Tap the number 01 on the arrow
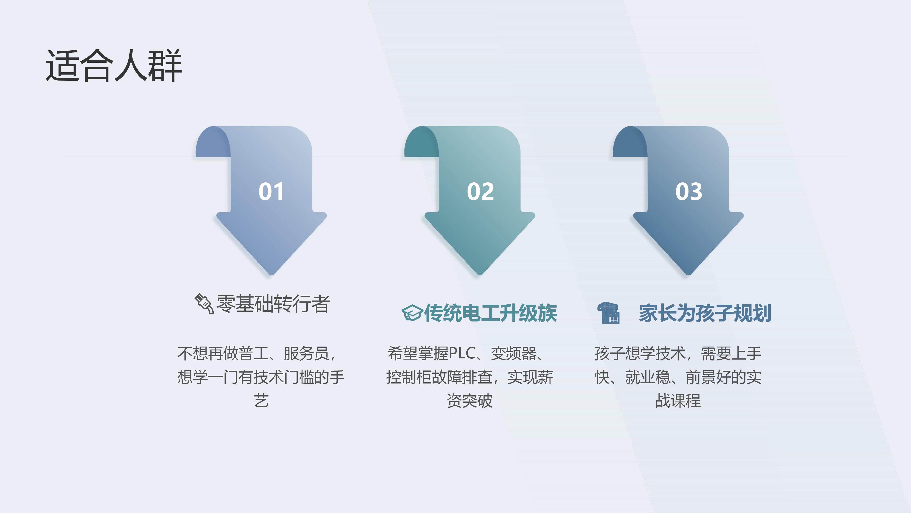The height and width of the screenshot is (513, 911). [271, 192]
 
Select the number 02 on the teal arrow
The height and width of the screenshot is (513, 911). [480, 192]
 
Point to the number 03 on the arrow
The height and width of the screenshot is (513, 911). [688, 192]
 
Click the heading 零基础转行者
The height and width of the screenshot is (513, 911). [273, 304]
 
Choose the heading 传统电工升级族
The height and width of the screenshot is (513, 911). [491, 313]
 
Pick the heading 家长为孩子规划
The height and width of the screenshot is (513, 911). [705, 313]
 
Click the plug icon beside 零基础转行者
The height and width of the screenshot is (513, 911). [204, 303]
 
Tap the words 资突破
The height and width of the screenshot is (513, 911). [470, 401]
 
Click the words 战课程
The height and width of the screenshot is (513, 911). [678, 401]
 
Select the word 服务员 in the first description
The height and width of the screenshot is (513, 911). [306, 353]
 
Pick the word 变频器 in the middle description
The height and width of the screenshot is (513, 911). [514, 353]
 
